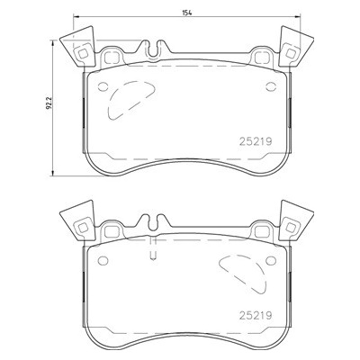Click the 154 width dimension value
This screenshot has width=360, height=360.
186,13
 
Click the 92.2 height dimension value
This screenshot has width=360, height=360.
49,103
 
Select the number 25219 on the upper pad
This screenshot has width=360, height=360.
256,141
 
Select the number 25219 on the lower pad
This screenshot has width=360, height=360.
256,315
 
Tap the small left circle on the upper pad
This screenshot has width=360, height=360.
103,86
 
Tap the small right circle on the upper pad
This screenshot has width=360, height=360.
271,86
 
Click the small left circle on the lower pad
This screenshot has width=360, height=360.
103,260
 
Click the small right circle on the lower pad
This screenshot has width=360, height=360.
271,260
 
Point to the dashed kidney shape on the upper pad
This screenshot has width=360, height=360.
111,99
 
